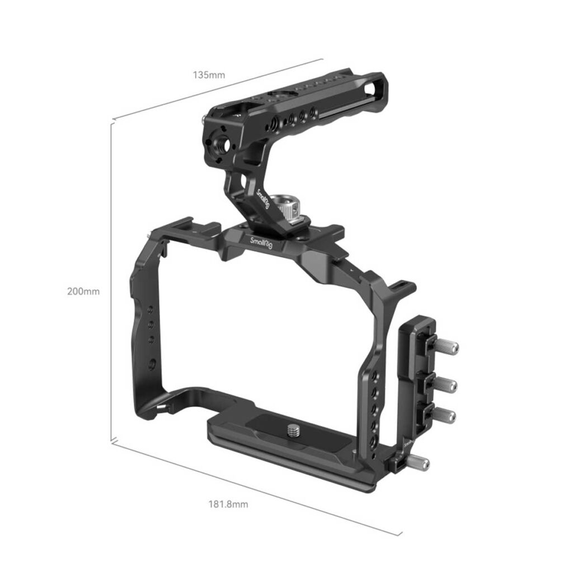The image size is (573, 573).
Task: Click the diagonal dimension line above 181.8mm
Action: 257,488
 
